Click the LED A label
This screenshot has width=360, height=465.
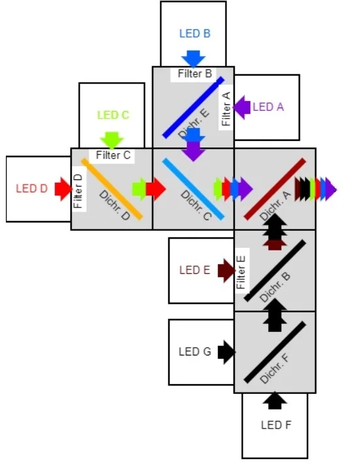point(268,107)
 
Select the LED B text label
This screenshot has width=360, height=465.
point(194,33)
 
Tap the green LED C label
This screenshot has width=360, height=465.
point(113,115)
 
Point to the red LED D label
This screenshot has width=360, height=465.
point(31,189)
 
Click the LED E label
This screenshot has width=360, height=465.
point(194,270)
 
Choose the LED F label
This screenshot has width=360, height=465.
point(275,425)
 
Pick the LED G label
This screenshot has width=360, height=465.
point(194,352)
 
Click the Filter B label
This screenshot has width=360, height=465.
point(194,74)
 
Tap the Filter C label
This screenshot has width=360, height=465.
point(113,155)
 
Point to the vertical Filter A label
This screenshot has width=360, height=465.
point(226,108)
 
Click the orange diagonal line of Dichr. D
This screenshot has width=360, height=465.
point(112,189)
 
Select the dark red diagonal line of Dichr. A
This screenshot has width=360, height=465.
point(275,188)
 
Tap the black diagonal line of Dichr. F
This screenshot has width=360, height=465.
point(275,352)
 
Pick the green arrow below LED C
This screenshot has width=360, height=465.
point(112,140)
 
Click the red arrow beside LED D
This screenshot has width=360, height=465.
point(63,189)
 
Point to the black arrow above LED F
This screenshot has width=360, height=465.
point(275,400)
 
